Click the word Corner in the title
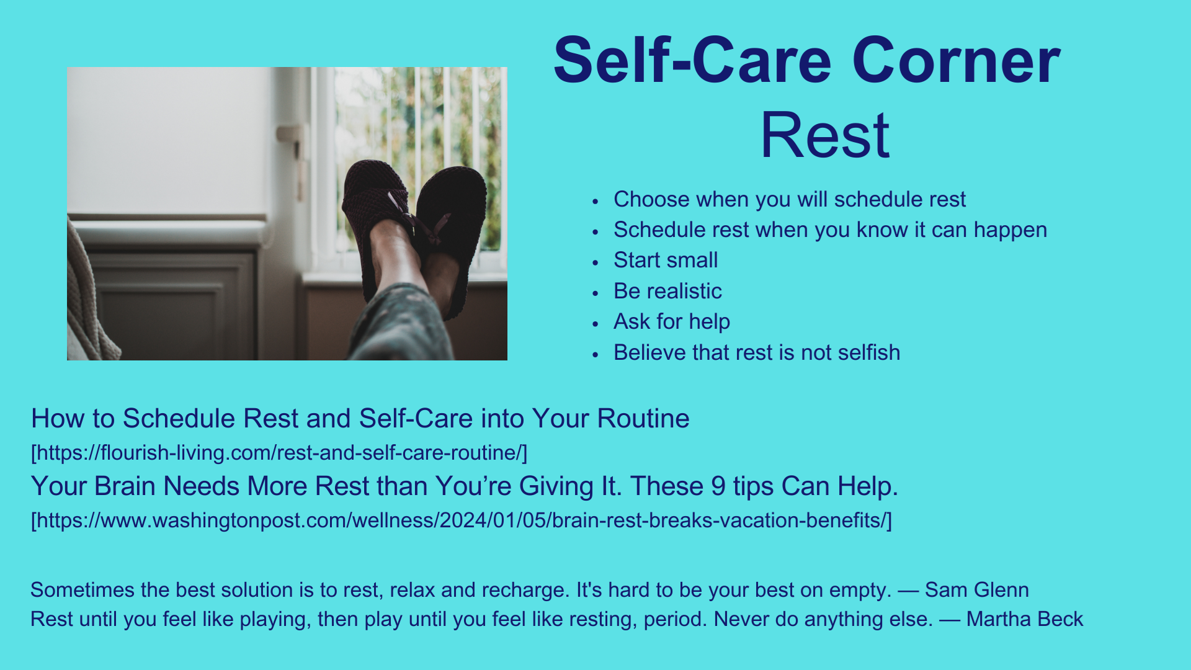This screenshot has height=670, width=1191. point(956,61)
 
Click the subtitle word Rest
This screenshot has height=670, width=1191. point(825,135)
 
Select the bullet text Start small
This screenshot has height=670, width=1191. point(666,260)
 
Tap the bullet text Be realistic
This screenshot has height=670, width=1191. point(667,291)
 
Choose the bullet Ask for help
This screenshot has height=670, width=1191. point(672,321)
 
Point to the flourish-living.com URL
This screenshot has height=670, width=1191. point(279,453)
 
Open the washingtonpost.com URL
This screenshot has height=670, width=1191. point(462,520)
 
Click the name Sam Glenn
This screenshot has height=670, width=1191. point(977,589)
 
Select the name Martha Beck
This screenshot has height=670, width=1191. point(1025,619)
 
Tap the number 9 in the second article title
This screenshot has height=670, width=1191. point(718,486)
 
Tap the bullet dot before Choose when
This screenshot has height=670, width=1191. point(595,201)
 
